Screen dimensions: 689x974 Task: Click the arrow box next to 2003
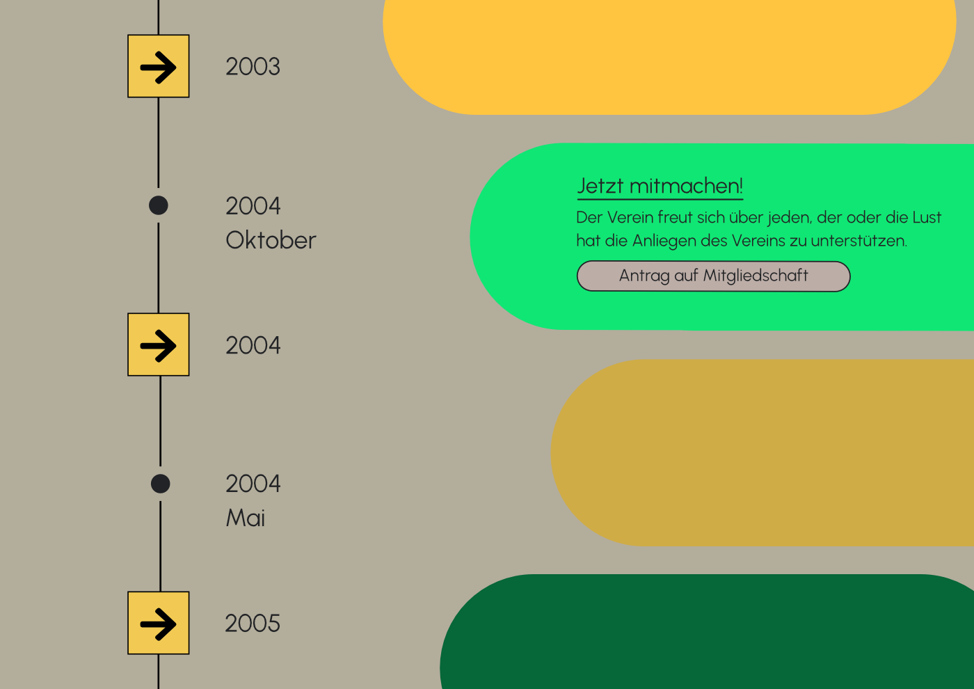(x=159, y=67)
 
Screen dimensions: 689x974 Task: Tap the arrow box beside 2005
(x=159, y=624)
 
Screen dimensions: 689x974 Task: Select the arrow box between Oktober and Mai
(x=159, y=345)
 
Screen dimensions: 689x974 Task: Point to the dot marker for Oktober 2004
(x=159, y=205)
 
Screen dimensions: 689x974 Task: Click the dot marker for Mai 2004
(x=161, y=484)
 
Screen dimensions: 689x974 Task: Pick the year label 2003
(x=253, y=67)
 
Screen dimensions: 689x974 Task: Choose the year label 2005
(x=253, y=624)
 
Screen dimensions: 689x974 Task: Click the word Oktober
(x=271, y=241)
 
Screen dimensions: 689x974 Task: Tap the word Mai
(x=246, y=518)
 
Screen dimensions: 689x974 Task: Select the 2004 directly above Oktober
(x=253, y=206)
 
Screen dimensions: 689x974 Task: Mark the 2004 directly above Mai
(x=253, y=484)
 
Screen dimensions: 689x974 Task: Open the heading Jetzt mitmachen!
(x=660, y=187)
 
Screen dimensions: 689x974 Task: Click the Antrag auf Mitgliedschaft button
(x=713, y=276)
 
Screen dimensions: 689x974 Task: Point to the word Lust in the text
(x=927, y=218)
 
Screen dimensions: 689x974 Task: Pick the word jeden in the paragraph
(x=790, y=218)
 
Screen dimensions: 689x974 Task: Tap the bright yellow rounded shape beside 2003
(x=668, y=56)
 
